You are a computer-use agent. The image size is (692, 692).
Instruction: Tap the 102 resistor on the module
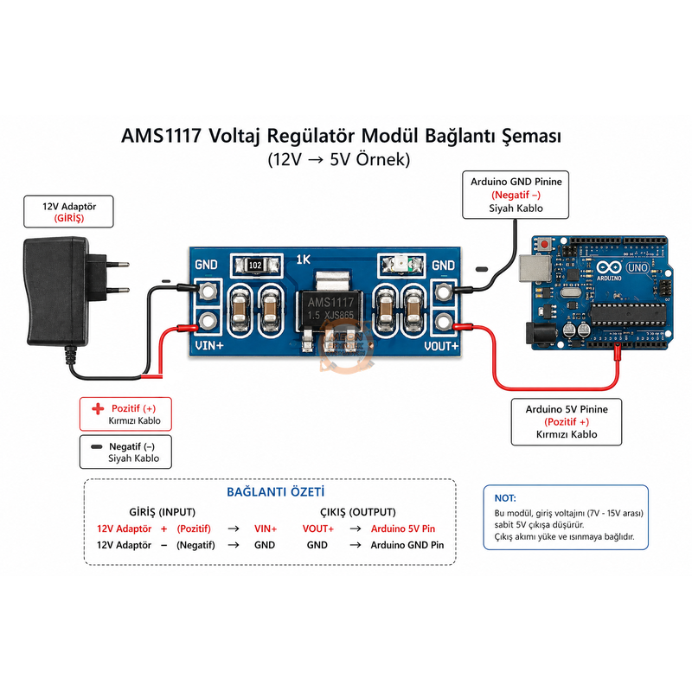[255, 264]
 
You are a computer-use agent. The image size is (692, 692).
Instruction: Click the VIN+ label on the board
[211, 347]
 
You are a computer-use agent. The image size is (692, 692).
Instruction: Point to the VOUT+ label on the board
[439, 347]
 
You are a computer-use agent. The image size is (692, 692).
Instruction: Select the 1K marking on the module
[303, 259]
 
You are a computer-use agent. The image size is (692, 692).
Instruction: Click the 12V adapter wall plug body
[55, 290]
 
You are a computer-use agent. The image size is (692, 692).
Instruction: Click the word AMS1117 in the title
[161, 138]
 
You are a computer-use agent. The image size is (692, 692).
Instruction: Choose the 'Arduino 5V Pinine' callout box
[567, 421]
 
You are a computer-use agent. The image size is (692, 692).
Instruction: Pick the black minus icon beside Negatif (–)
[96, 445]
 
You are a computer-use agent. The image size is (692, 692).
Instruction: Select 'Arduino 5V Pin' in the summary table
[402, 528]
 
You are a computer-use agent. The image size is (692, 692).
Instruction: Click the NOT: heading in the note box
[504, 498]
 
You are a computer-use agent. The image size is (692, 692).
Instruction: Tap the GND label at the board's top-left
[206, 265]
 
